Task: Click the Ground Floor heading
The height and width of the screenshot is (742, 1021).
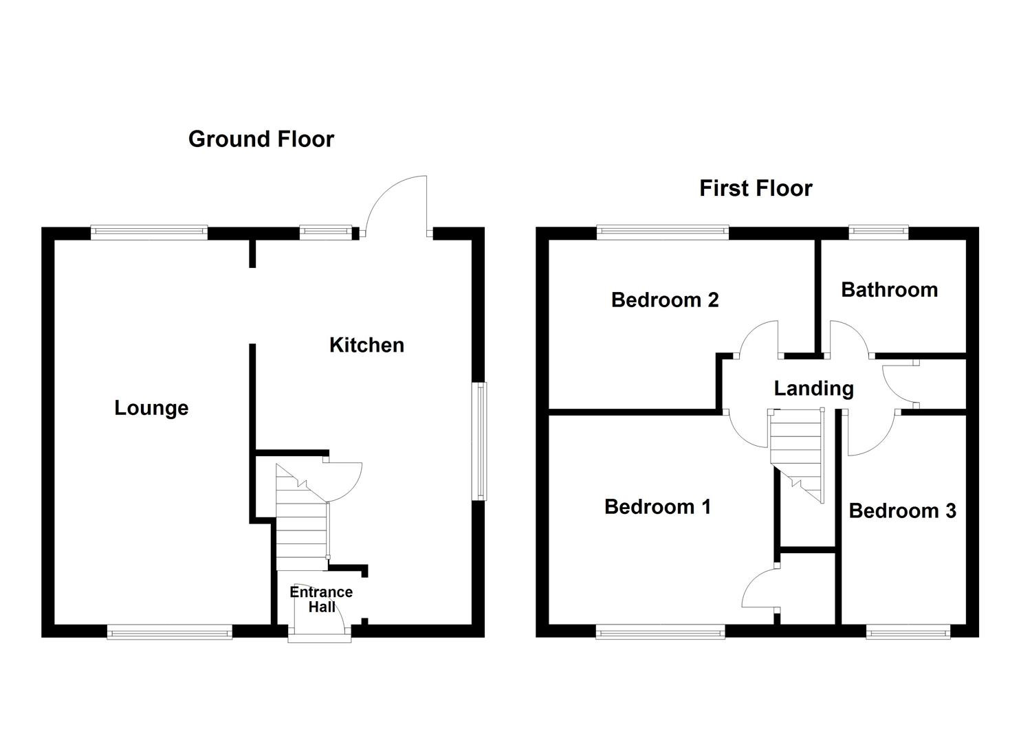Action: coord(261,139)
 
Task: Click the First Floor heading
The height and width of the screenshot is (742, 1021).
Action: coord(756,188)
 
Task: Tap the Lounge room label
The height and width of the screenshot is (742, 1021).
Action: coord(151,408)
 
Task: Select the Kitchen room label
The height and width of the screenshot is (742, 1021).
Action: coord(366,345)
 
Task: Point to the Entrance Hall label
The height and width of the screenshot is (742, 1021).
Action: coord(321,599)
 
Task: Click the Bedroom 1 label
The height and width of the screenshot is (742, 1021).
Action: coord(657,507)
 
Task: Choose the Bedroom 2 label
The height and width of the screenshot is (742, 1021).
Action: coord(665,300)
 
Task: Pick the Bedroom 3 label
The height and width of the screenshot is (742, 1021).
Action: coord(902,510)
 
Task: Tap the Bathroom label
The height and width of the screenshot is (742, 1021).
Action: coord(889,290)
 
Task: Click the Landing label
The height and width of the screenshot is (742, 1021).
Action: coord(813,388)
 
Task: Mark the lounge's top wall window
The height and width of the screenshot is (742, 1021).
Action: coord(149,232)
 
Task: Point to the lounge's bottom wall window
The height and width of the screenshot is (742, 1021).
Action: coord(169,631)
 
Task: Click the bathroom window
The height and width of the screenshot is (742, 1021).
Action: coord(878,232)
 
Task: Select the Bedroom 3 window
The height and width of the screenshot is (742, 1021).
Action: coord(908,631)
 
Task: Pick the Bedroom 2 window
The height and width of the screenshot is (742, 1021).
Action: coord(662,232)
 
